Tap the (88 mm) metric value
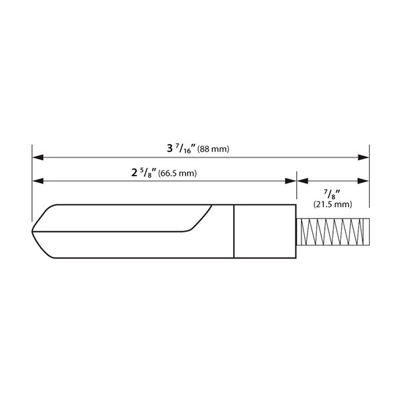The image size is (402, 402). [x=214, y=149]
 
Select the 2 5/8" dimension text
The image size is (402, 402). [x=144, y=172]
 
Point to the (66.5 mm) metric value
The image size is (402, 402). [x=177, y=174]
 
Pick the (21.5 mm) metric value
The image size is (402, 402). [x=332, y=204]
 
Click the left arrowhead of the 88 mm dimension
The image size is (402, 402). [x=38, y=158]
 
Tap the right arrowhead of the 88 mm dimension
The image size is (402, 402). [x=364, y=158]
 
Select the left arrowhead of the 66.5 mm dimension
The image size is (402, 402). [x=38, y=180]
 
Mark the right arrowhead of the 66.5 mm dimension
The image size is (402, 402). [x=291, y=180]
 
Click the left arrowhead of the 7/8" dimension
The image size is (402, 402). [x=302, y=180]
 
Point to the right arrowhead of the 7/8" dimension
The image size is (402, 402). [x=364, y=180]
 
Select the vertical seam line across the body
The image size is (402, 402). [x=234, y=231]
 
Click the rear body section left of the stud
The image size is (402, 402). [x=265, y=231]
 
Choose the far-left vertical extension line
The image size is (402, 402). [x=32, y=181]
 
